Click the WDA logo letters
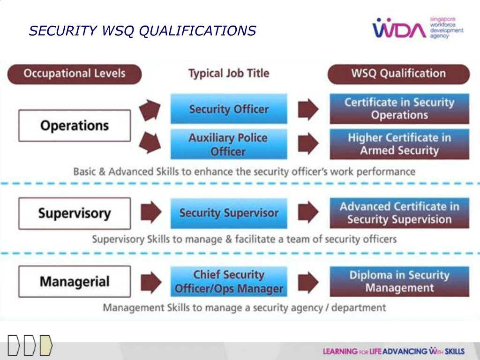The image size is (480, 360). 399,30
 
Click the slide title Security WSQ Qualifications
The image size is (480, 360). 142,31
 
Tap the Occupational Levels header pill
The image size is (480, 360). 75,74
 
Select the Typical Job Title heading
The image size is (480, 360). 229,74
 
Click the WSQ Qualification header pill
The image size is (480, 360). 398,74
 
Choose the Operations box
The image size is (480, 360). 75,126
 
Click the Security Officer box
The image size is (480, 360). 229,109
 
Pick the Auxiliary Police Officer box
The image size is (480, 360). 229,144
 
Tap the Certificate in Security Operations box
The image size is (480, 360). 399,109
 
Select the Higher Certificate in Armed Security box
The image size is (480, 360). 399,144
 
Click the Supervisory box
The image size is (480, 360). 75,213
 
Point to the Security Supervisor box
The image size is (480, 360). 229,213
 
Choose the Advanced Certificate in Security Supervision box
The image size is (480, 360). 399,213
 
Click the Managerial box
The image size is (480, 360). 75,282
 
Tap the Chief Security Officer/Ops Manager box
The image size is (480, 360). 229,282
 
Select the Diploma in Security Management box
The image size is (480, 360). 399,281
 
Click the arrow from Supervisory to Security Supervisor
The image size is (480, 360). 151,212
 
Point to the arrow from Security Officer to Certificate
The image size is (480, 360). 308,109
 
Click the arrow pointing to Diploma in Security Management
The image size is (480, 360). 308,281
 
